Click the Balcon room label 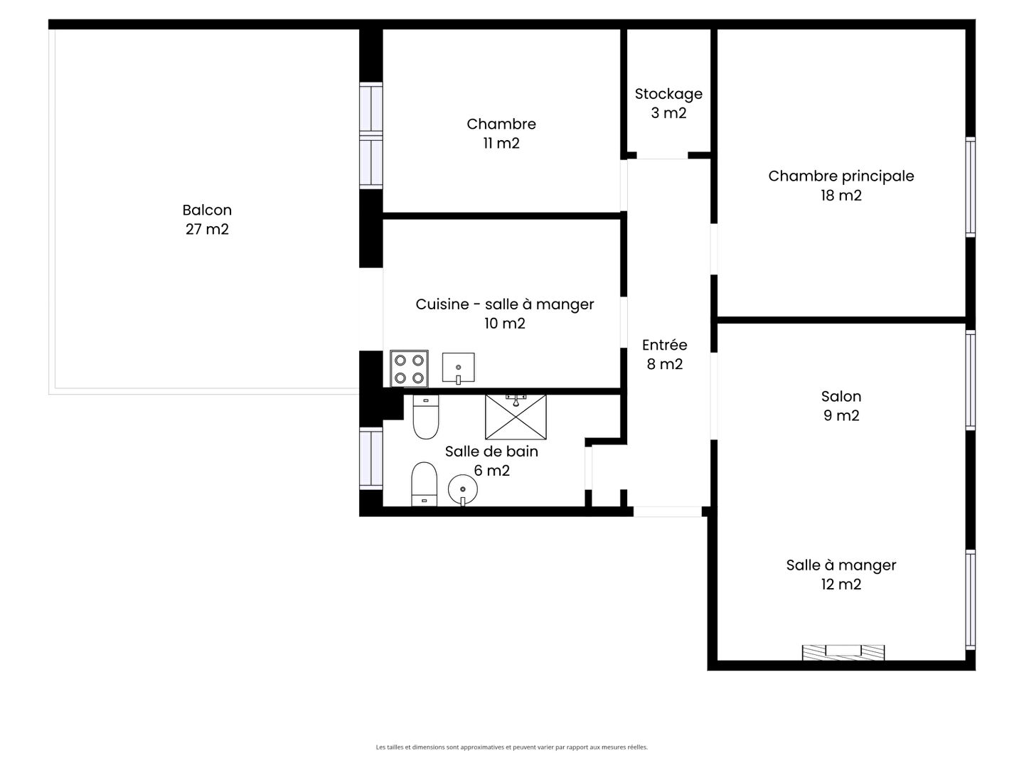[x=207, y=210]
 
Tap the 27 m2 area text [x=207, y=229]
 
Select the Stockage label [x=668, y=94]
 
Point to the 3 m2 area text [x=668, y=113]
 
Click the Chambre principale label [x=841, y=176]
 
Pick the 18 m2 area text [x=841, y=195]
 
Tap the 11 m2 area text [x=501, y=143]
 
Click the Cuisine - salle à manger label [x=504, y=304]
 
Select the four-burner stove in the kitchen [x=409, y=368]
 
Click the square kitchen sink [x=458, y=368]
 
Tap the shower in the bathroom [x=516, y=417]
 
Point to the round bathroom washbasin [x=462, y=489]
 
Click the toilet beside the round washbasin [x=424, y=484]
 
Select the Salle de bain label [x=491, y=452]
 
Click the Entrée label [x=664, y=345]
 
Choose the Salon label [x=841, y=396]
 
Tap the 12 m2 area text [x=841, y=585]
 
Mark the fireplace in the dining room [x=843, y=652]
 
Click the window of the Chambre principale [x=970, y=187]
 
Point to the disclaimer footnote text [x=512, y=747]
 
